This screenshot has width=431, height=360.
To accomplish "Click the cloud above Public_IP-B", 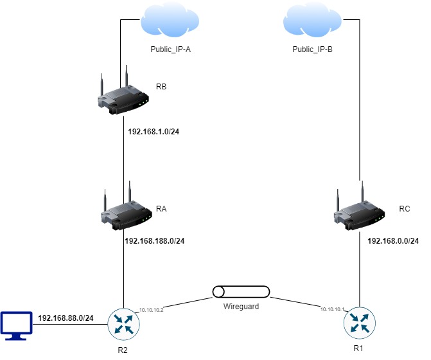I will (x=312, y=22).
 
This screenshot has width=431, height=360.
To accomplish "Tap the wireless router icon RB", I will (x=123, y=96).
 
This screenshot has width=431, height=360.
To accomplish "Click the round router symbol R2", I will (x=123, y=323).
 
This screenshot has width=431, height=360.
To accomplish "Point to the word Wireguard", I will (x=242, y=307).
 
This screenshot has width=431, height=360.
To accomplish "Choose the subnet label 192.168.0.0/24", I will (x=393, y=241).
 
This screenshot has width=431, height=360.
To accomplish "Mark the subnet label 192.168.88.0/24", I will (x=66, y=318).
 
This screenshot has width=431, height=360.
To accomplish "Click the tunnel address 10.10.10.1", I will (x=334, y=309).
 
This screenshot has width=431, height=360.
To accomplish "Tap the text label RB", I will (x=161, y=86).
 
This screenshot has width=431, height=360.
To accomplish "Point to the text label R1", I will (x=358, y=348).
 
